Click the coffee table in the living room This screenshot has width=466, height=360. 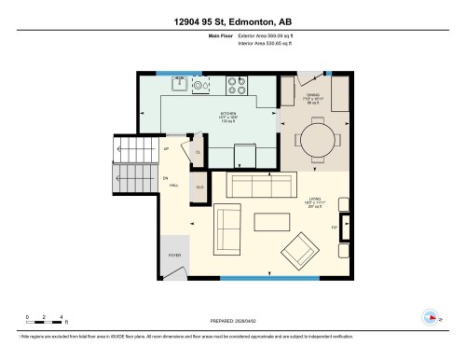271,221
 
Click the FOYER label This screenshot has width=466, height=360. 174,253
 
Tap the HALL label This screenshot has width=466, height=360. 173,186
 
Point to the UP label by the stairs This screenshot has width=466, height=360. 166,149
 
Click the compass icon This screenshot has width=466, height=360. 430,315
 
